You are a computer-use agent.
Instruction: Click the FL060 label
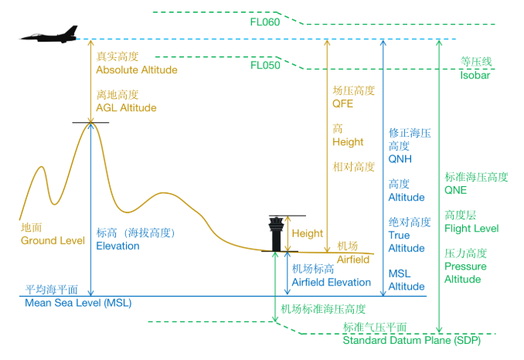point(264,22)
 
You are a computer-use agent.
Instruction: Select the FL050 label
point(264,66)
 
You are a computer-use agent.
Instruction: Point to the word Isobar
point(475,76)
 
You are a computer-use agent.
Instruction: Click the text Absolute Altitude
point(136,70)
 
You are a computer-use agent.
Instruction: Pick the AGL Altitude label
point(126,108)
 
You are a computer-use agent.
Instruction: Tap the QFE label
point(342,104)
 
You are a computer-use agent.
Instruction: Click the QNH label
point(400,159)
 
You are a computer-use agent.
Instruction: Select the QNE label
point(455,190)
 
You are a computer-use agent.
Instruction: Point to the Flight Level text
point(471,229)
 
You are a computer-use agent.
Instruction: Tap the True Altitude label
point(406,242)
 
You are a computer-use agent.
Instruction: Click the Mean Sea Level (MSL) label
point(78,303)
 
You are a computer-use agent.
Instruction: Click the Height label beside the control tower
point(308,234)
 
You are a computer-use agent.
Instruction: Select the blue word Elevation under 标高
point(117,246)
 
